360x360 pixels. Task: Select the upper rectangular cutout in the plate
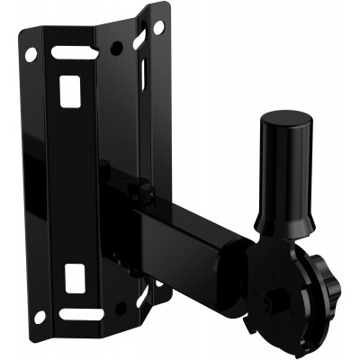pyautogui.click(x=68, y=88)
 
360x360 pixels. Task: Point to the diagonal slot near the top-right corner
pyautogui.click(x=139, y=40)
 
